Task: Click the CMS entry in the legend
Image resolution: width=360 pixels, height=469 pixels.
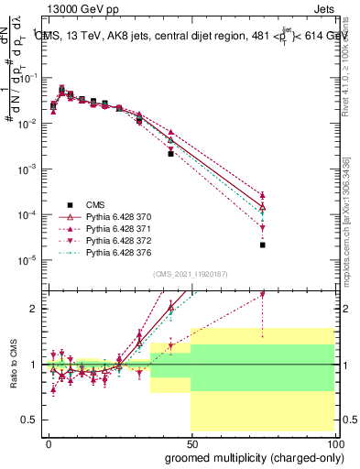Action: pyautogui.click(x=97, y=204)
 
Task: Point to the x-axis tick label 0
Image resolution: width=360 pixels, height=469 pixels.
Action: pyautogui.click(x=48, y=442)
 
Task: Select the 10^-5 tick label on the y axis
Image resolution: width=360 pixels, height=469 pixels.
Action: pyautogui.click(x=27, y=260)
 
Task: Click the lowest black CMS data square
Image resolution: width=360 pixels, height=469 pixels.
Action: pyautogui.click(x=262, y=245)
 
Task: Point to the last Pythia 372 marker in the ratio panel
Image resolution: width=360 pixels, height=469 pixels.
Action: pyautogui.click(x=262, y=294)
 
